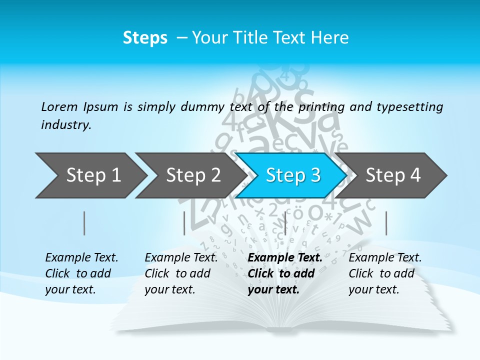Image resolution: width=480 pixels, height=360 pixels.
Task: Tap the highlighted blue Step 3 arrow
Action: click(x=293, y=175)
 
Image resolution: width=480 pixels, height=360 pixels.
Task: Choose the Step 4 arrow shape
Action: click(x=393, y=175)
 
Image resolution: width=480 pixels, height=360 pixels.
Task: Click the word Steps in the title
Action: click(x=145, y=38)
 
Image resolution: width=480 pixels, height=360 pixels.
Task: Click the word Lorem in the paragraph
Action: click(x=59, y=106)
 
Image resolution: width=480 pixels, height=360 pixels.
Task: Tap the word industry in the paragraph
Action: click(x=66, y=125)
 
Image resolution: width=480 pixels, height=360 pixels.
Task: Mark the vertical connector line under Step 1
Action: click(x=84, y=223)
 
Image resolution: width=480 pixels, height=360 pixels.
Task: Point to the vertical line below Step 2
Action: click(x=184, y=223)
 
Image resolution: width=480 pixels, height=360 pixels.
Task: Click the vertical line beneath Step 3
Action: click(x=285, y=223)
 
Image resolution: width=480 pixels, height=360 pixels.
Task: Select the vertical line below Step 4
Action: click(x=386, y=223)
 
